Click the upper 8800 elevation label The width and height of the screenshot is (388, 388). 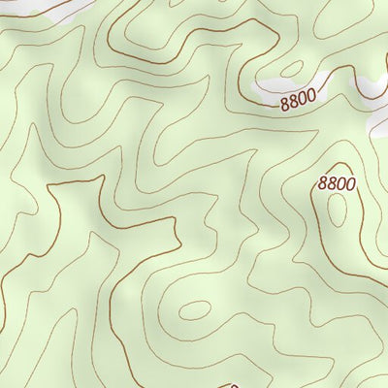[x=299, y=100]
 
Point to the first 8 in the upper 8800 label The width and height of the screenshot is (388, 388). [x=285, y=104]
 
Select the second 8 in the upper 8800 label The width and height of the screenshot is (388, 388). [x=294, y=102]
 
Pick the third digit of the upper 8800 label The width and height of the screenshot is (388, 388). [x=304, y=99]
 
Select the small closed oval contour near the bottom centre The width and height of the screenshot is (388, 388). [x=194, y=310]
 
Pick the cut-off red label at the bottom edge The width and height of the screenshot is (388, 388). [x=233, y=385]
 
